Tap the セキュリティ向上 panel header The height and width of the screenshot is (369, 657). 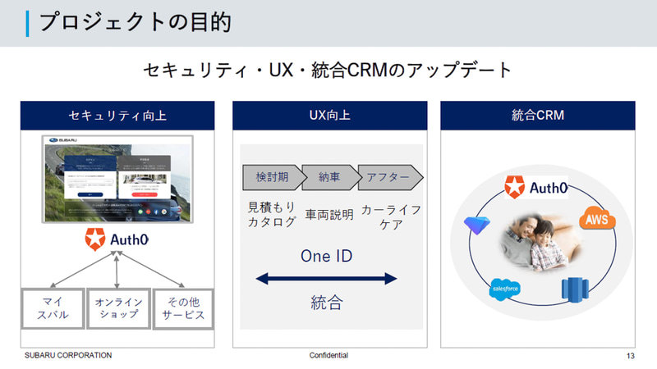pos(117,116)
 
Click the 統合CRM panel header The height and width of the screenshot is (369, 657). pos(538,116)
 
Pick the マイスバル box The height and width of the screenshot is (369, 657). pos(53,308)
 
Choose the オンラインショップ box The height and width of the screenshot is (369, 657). pos(117,308)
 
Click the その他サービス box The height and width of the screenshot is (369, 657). pos(182,308)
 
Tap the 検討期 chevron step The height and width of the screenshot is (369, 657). pos(270,176)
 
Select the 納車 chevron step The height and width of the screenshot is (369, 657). pos(328,176)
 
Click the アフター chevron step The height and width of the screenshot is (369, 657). pos(387,176)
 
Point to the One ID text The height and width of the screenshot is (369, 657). pos(328,255)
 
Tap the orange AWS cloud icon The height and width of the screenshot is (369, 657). pos(597,219)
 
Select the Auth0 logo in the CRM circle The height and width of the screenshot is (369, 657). pos(537,188)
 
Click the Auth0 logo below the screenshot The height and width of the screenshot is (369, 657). pos(117,241)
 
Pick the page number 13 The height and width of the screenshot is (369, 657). pos(630,356)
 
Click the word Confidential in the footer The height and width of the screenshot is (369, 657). pos(328,355)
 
